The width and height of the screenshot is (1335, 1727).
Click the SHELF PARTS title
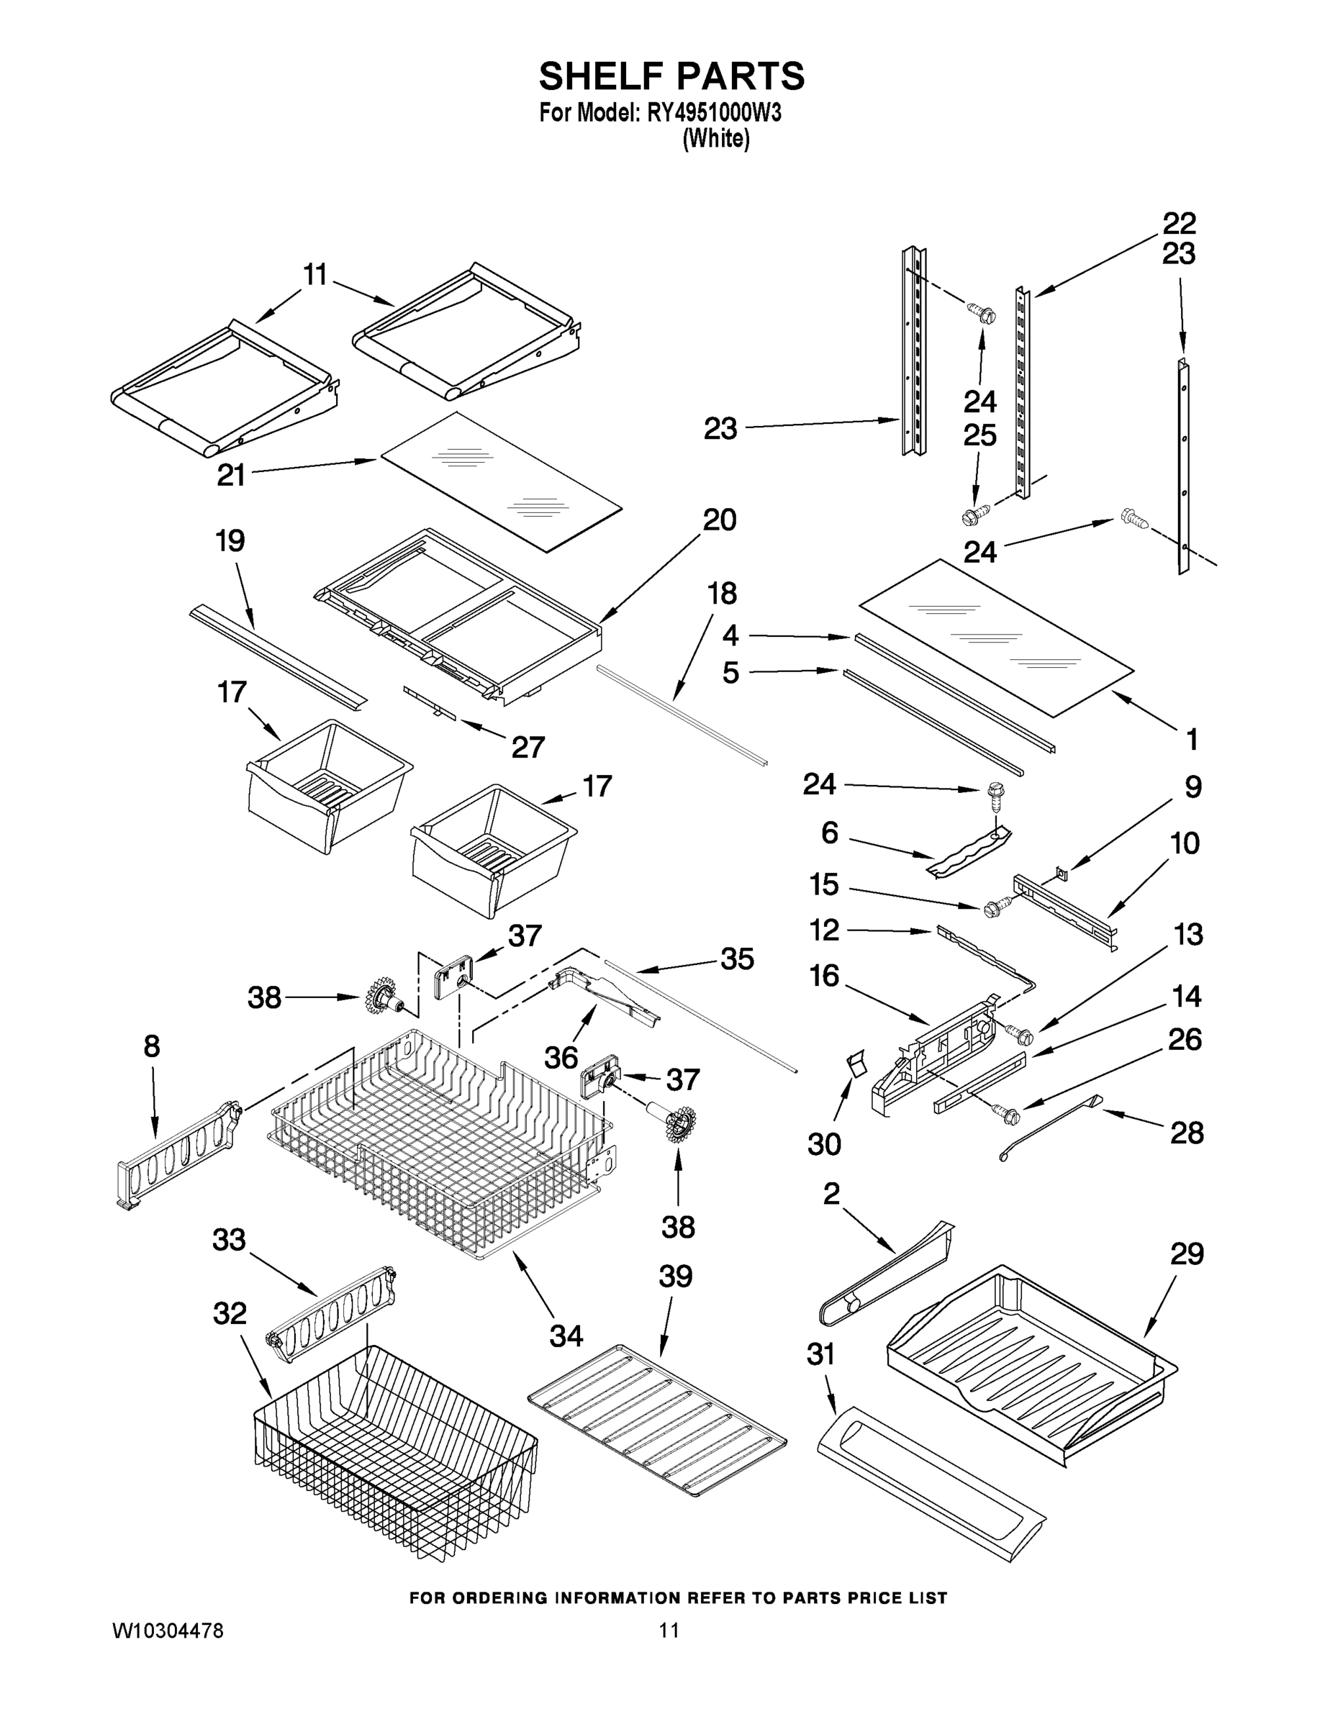(671, 77)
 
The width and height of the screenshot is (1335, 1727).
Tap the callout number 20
(719, 520)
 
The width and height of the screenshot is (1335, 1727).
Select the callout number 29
(1186, 1254)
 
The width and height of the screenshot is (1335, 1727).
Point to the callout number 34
(566, 1336)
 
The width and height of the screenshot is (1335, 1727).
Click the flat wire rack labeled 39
(656, 1420)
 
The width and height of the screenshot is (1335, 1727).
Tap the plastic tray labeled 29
(1028, 1360)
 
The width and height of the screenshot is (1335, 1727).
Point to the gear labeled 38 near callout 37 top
(383, 999)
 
